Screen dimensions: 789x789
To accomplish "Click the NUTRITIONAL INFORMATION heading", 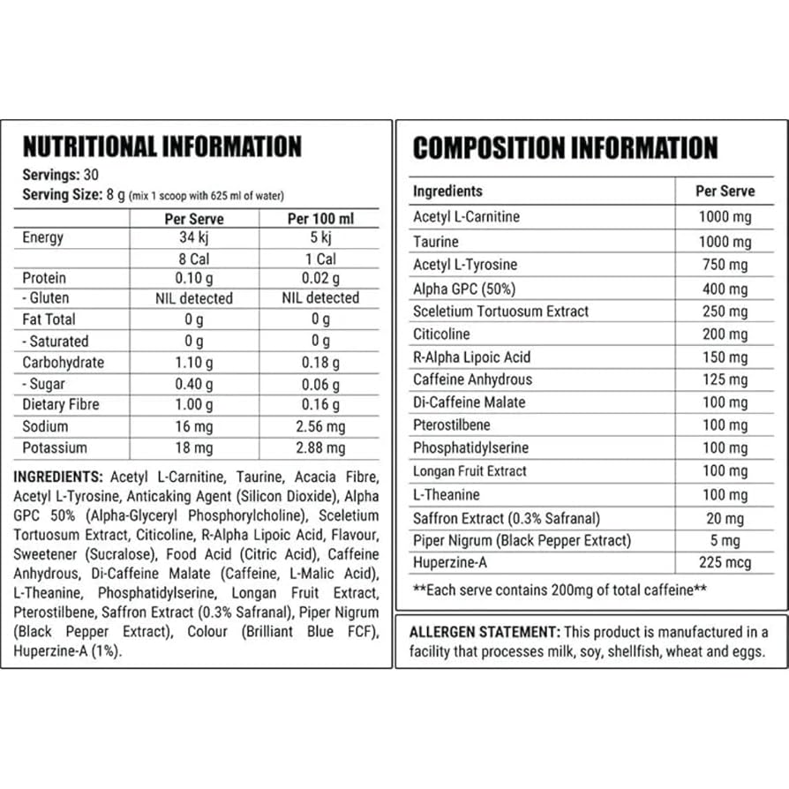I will tap(162, 146).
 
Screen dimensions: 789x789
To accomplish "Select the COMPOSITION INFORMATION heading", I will tap(565, 147).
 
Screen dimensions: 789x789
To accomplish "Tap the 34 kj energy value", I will tap(194, 237).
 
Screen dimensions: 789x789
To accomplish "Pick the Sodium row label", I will tap(47, 426).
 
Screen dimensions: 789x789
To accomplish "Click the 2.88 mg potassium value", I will tap(321, 447).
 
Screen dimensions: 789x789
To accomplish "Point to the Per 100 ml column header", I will tap(321, 218).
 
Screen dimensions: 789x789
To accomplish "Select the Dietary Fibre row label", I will tap(61, 405).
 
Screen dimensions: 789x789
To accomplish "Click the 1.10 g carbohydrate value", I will tap(194, 363).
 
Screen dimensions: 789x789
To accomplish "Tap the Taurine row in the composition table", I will tap(436, 241).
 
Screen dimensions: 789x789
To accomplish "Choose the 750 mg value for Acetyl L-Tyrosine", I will tap(725, 265).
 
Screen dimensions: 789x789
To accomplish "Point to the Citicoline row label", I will tap(441, 334).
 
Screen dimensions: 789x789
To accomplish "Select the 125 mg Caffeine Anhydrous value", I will tap(725, 379).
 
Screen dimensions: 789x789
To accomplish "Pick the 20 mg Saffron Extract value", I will tap(725, 519).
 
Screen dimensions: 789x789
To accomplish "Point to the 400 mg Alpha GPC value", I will tap(725, 289).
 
